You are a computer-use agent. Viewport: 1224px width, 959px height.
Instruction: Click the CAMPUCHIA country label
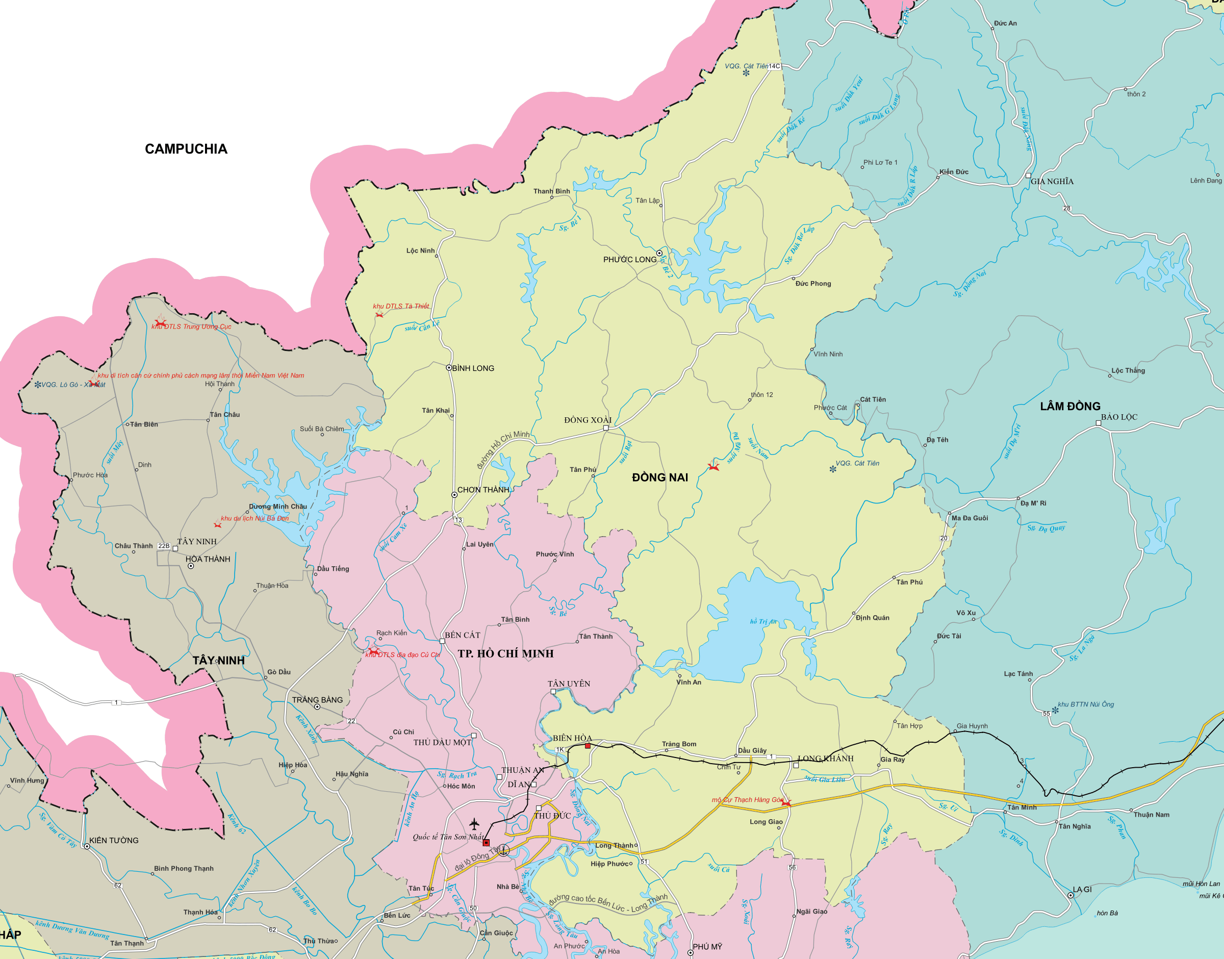click(186, 149)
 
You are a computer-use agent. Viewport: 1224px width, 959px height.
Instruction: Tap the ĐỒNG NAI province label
click(659, 477)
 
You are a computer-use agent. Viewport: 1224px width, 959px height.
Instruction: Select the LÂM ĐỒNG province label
click(1069, 406)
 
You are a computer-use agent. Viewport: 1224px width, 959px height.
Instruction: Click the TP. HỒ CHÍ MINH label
click(505, 653)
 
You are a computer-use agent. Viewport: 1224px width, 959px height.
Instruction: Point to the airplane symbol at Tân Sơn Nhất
click(474, 824)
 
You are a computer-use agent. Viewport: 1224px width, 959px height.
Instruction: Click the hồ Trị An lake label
click(763, 621)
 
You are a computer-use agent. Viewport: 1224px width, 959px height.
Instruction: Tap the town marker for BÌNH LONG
click(449, 368)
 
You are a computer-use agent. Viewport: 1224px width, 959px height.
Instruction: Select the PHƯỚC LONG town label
click(629, 260)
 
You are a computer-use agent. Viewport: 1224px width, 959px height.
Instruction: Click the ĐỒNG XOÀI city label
click(587, 420)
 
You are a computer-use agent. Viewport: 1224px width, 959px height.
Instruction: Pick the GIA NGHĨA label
click(1052, 182)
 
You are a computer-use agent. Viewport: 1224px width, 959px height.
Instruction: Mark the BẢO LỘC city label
click(1118, 417)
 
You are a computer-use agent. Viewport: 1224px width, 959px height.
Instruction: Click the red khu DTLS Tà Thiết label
click(401, 306)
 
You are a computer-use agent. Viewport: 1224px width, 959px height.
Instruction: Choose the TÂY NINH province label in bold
click(219, 660)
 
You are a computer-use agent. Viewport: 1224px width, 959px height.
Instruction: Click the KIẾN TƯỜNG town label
click(113, 841)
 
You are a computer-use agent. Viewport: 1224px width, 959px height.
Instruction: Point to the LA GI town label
click(1081, 890)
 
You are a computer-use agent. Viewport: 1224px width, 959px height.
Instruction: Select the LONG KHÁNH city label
click(825, 759)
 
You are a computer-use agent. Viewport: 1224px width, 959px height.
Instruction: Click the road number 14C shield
click(774, 66)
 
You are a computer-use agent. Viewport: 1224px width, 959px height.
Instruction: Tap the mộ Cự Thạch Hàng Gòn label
click(747, 799)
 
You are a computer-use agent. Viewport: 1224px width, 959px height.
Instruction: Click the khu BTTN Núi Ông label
click(1085, 704)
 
